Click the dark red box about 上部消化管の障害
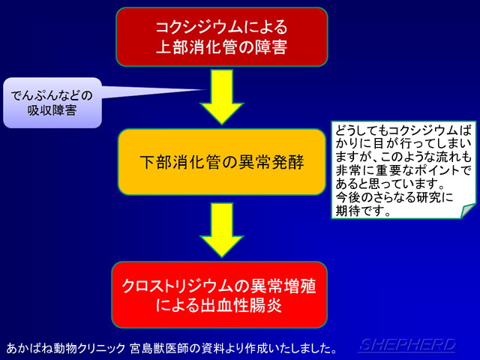point(221,36)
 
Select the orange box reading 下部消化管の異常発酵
point(222,161)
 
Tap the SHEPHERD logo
point(406,345)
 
